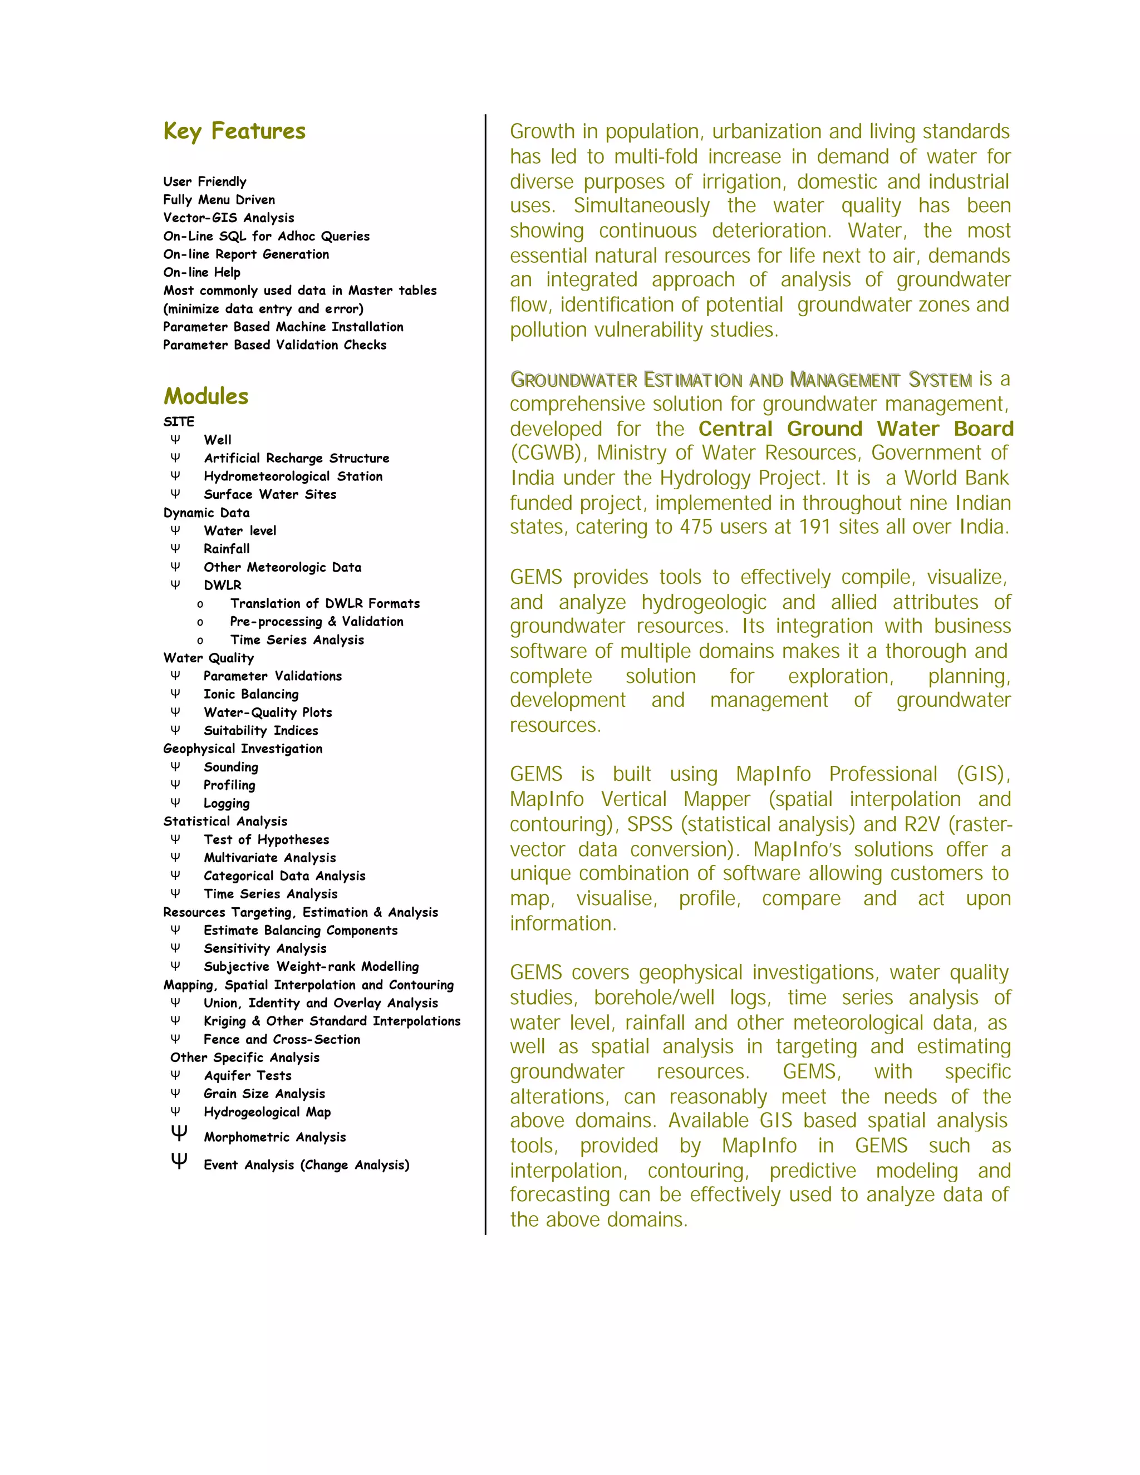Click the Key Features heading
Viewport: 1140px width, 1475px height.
234,131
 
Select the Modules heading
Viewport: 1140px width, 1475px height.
206,396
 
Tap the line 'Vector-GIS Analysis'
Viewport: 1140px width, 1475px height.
228,218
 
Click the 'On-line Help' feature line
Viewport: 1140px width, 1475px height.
202,272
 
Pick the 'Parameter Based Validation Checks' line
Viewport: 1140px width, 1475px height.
274,345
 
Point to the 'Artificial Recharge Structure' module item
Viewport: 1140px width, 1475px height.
297,458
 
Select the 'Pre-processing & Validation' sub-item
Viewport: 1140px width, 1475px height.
316,621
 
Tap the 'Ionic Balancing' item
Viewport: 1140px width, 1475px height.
250,694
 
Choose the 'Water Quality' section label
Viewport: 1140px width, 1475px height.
208,658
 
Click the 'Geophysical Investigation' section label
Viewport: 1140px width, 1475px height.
243,748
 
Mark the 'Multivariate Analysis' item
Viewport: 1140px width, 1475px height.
269,858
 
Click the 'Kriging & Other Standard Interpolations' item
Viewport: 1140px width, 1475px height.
332,1021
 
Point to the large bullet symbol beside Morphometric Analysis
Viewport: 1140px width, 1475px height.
179,1133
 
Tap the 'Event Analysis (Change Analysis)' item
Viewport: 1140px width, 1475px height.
306,1165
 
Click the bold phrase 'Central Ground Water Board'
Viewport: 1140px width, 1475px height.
856,429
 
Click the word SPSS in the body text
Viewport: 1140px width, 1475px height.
650,825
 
